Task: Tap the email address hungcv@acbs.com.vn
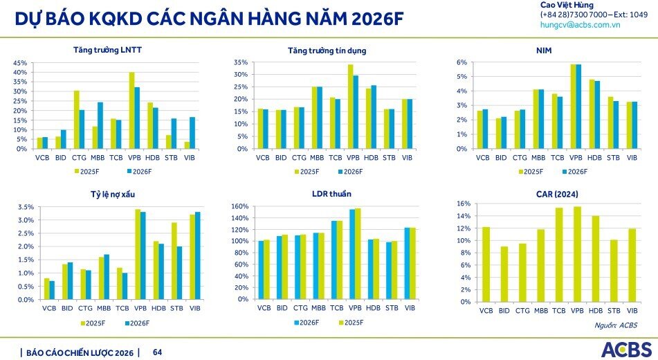pyautogui.click(x=580, y=24)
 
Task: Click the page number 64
pyautogui.click(x=157, y=352)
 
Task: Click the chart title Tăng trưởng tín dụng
pyautogui.click(x=327, y=51)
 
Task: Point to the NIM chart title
pyautogui.click(x=543, y=51)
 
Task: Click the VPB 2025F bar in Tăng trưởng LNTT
pyautogui.click(x=131, y=111)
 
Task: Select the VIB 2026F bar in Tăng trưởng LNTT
pyautogui.click(x=192, y=133)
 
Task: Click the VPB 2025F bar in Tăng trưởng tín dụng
pyautogui.click(x=351, y=107)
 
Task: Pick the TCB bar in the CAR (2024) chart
pyautogui.click(x=559, y=255)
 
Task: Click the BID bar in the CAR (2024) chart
pyautogui.click(x=504, y=274)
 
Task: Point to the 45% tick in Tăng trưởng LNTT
pyautogui.click(x=20, y=63)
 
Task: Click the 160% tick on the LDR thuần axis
pyautogui.click(x=239, y=206)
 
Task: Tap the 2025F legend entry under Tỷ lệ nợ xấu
pyautogui.click(x=94, y=323)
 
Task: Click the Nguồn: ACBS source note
pyautogui.click(x=616, y=325)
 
